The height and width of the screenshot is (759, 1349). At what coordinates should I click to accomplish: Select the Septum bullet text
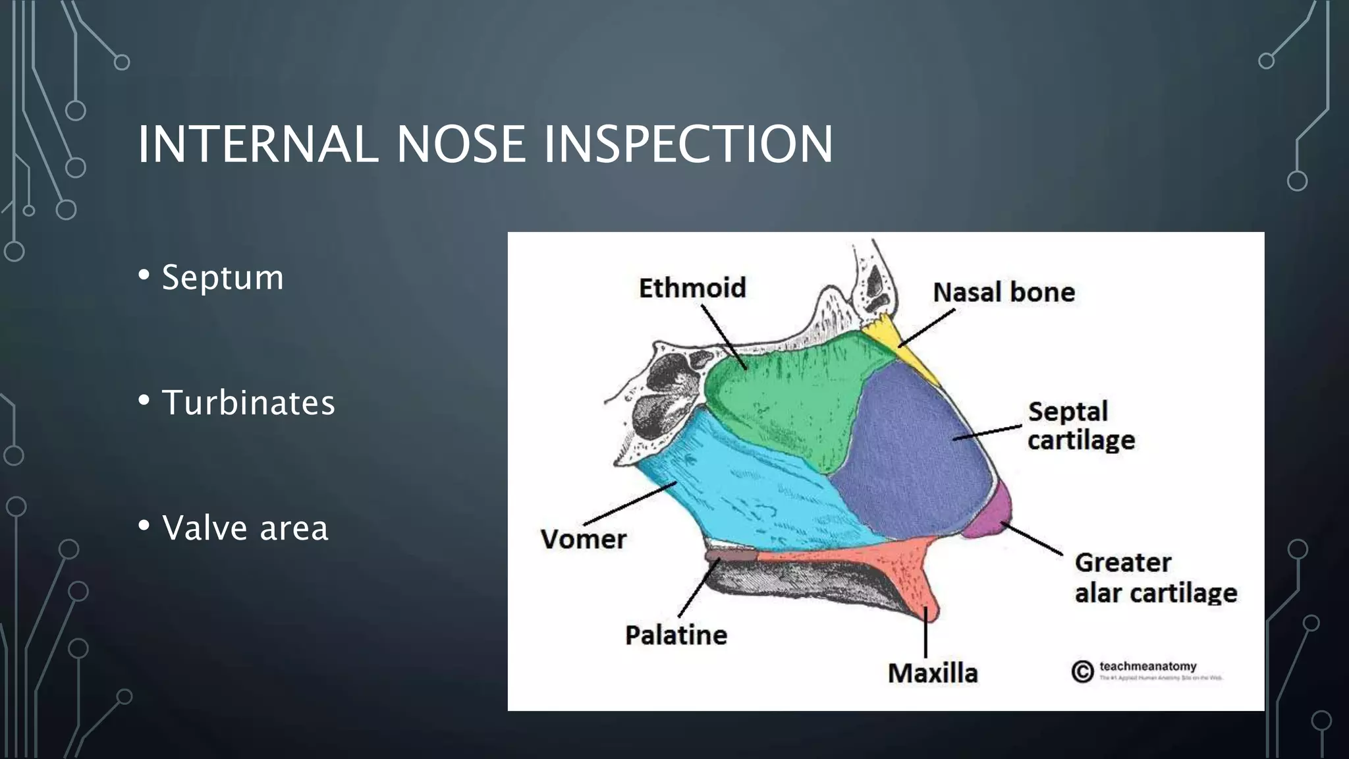223,277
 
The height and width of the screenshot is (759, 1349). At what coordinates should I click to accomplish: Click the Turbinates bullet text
248,403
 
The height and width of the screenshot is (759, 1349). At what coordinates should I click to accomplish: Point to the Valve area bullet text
245,528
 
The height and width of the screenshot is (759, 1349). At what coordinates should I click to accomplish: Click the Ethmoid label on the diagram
692,288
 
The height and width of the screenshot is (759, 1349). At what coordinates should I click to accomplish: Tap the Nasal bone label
1004,292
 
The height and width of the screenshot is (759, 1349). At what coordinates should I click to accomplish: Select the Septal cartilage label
1081,426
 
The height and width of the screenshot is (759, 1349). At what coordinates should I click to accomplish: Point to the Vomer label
584,539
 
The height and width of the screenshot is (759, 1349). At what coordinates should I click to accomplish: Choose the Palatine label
676,635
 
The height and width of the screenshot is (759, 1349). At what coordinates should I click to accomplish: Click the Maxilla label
933,673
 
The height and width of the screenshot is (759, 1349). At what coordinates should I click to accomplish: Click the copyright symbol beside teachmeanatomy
1082,671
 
